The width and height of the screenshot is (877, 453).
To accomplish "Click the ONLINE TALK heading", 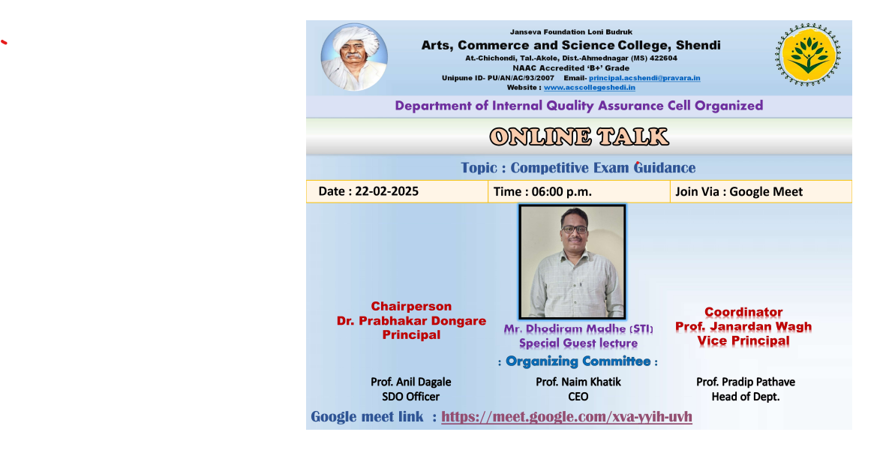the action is [579, 137].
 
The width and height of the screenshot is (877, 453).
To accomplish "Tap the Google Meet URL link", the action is [566, 417].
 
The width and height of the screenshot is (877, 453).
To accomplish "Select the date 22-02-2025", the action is [386, 191].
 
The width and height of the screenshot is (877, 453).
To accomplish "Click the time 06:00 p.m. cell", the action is [579, 192].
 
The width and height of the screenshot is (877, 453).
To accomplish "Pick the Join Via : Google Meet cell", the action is [761, 192].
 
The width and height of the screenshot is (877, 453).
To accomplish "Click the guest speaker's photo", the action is [572, 262].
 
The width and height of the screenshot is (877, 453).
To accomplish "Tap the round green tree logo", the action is [808, 55].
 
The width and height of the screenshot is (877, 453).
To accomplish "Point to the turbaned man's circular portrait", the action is [354, 57].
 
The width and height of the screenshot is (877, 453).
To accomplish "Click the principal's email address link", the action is [644, 78].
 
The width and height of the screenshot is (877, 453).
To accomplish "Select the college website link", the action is [590, 88].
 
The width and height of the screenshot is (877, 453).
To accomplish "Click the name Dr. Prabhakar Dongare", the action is [411, 321].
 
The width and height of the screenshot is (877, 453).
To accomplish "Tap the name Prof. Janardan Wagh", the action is [743, 326].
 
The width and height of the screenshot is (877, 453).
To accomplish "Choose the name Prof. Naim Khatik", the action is [578, 382].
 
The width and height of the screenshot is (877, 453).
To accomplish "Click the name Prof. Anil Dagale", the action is [410, 382].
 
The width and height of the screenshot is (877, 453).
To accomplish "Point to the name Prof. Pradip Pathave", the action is [746, 382].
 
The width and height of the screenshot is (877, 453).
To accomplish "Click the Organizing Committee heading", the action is [578, 361].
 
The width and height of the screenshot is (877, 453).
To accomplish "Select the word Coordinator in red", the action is [743, 312].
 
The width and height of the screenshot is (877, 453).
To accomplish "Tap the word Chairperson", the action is [411, 307].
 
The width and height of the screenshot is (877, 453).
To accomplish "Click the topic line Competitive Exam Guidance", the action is [578, 168].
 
